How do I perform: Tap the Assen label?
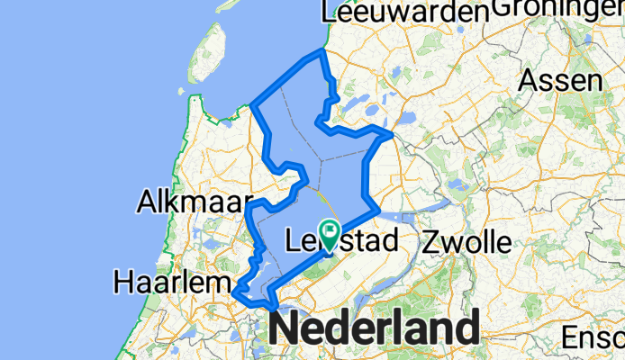(561, 80)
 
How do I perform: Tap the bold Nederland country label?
(374, 329)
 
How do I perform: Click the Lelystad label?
(340, 241)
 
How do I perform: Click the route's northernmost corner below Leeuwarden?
(322, 52)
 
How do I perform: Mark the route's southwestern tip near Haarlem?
(234, 292)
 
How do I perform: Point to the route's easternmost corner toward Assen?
(392, 135)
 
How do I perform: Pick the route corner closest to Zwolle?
(379, 212)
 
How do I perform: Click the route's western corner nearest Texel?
(253, 106)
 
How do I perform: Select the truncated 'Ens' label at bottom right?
(591, 338)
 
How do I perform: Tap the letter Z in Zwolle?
(430, 242)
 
